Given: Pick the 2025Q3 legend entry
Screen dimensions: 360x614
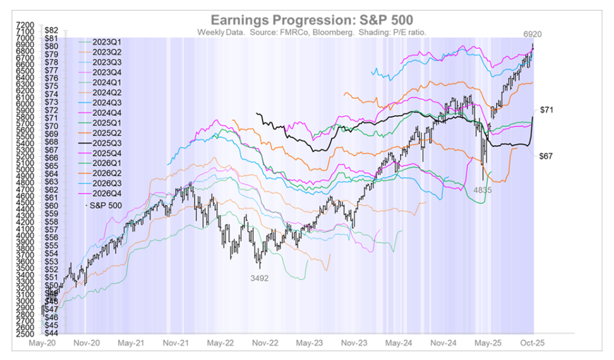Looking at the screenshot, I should click(107, 142).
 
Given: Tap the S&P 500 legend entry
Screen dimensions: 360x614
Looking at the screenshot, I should click(102, 206).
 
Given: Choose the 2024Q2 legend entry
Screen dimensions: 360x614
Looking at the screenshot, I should click(107, 92).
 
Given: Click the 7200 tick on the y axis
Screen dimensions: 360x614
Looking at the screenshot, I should click(24, 26).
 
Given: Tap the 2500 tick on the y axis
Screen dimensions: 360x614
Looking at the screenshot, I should click(24, 334).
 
